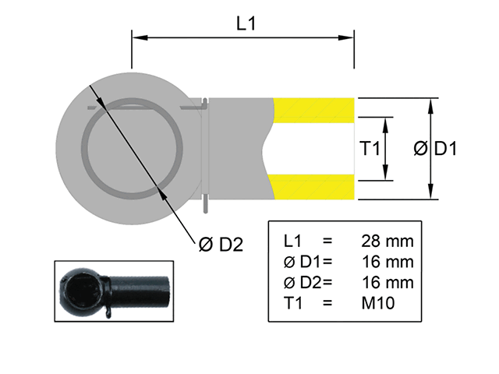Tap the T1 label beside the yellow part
tap(369, 148)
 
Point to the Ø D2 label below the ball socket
tap(221, 245)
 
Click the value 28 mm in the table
tap(388, 239)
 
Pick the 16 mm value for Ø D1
tap(388, 261)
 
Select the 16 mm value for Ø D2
tap(388, 282)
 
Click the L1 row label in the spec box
tap(292, 239)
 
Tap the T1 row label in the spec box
tap(292, 304)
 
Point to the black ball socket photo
tap(114, 290)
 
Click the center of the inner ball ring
tap(135, 148)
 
